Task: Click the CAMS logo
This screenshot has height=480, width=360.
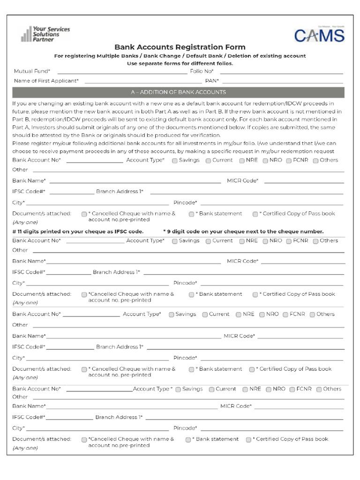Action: point(319,35)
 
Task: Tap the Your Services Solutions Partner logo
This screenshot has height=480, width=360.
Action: point(45,34)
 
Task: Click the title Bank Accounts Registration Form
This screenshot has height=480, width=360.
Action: point(180,47)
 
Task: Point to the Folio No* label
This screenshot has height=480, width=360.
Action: point(202,71)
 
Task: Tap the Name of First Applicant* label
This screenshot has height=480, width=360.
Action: point(46,81)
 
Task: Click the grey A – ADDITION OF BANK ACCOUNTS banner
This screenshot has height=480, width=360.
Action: point(178,92)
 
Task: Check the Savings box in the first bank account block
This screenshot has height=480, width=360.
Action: point(175,161)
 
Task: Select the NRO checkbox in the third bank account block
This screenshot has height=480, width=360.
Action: point(262,315)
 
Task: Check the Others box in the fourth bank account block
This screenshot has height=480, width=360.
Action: point(319,390)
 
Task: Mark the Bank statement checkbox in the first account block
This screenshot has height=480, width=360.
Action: point(192,214)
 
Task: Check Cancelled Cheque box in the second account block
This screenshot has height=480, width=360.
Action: point(84,295)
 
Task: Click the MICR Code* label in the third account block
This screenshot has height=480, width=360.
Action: point(239,336)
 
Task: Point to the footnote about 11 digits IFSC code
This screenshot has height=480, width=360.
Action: point(78,232)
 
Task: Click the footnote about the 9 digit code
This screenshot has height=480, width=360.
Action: point(243,232)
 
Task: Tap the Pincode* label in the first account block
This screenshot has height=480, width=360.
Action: point(185,202)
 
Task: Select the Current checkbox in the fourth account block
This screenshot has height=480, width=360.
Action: point(211,390)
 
